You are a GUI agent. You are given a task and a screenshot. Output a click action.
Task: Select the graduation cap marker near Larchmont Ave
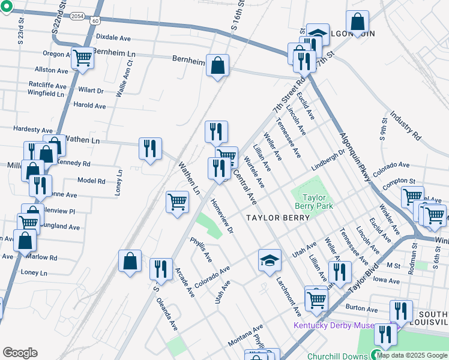pos(270,261)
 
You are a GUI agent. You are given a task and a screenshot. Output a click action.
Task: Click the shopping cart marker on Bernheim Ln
pos(83,58)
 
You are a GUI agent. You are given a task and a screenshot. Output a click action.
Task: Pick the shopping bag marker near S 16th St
pos(217,65)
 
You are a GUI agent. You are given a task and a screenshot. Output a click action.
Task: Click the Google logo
pos(20,353)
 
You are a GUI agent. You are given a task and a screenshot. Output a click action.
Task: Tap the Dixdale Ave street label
pos(113,37)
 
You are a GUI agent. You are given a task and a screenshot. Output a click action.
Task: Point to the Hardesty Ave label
pos(34,129)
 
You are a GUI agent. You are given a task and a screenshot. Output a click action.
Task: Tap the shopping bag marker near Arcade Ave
pos(130,261)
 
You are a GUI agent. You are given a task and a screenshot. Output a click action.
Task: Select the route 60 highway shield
pos(95,20)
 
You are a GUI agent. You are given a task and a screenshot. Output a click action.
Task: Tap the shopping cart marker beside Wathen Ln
pos(178,202)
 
